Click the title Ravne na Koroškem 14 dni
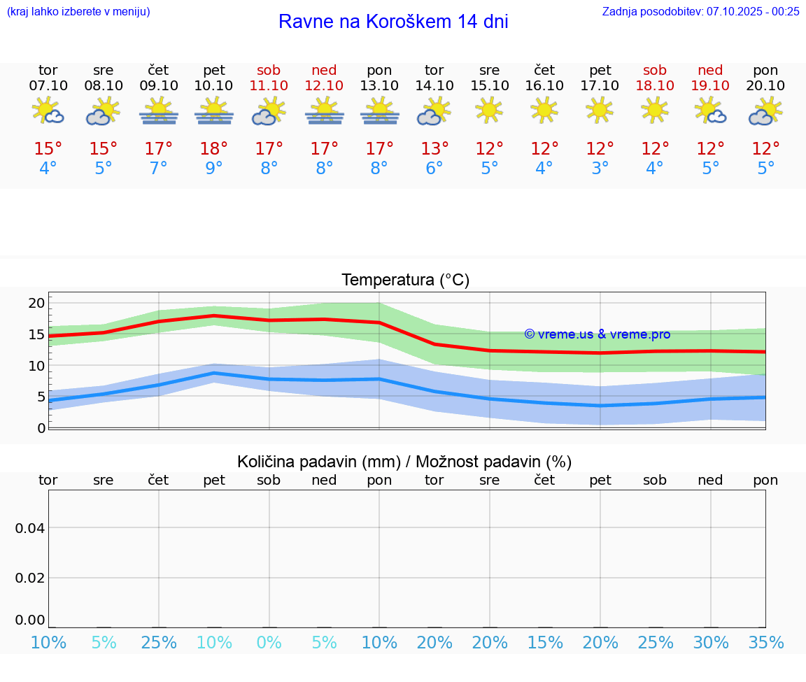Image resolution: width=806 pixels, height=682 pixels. point(393,22)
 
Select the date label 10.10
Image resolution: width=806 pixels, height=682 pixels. point(214,85)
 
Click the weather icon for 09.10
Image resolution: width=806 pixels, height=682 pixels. point(159,111)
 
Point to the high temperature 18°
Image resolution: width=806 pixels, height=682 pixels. point(214,149)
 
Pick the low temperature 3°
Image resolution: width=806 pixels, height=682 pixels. point(600,169)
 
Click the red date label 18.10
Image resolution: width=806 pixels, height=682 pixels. point(655,85)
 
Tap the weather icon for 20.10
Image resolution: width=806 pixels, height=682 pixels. point(765,111)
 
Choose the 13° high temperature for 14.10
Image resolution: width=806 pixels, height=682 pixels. point(434,149)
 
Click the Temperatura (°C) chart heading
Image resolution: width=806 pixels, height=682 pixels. point(405,280)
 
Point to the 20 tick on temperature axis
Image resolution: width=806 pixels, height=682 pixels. point(36,304)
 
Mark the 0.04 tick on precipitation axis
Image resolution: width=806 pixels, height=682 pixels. point(30,528)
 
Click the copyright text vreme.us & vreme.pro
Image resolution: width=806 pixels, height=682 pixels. point(597,334)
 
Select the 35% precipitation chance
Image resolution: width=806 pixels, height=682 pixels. point(765,643)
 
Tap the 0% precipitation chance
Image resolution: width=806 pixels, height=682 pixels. point(269,643)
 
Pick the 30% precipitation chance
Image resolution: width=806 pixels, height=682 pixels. point(711,643)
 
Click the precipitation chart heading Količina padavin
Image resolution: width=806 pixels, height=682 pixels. point(404,462)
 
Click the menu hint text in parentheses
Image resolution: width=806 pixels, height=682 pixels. point(78,11)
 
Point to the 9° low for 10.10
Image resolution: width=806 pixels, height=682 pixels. point(214,169)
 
